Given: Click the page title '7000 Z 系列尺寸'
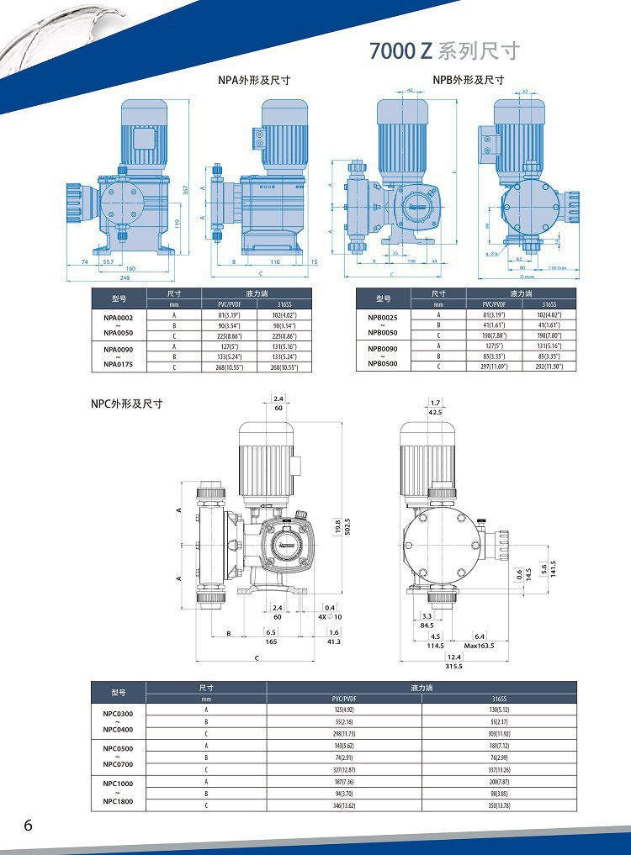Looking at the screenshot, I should [445, 51].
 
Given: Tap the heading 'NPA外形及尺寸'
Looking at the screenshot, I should [254, 81].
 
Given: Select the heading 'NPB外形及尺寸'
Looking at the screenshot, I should [469, 80].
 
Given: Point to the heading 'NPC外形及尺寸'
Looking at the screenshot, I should [126, 404].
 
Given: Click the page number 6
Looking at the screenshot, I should [28, 825].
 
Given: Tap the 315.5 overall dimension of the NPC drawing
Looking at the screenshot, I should [454, 666].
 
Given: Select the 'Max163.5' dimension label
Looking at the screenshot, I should [480, 646].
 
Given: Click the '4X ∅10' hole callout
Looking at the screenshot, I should [330, 617].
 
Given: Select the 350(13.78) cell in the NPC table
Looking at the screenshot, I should [499, 805].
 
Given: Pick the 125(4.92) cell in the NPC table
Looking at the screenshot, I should [344, 710].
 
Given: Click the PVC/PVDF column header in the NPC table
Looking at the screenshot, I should [344, 698].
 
